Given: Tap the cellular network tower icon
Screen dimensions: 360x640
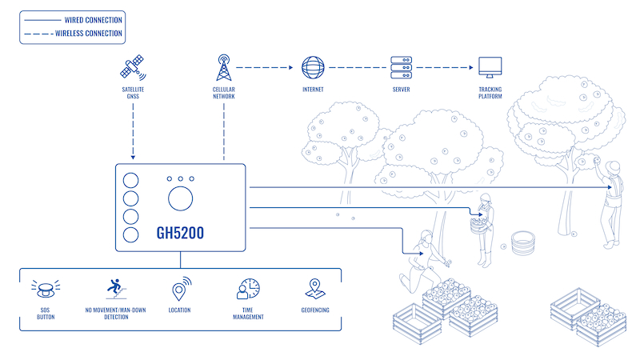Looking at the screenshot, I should tap(223, 67).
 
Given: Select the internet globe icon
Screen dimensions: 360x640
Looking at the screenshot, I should tap(312, 67).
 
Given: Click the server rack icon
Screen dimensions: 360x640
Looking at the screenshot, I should tap(401, 67).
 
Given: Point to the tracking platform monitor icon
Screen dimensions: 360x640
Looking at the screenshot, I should tap(490, 67).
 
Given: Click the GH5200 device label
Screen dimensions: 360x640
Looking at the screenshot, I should tap(180, 234).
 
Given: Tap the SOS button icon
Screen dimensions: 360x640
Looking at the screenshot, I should tap(46, 288).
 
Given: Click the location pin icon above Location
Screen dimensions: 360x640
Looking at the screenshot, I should tap(181, 288).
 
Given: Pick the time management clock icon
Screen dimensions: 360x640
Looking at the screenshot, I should tap(248, 289).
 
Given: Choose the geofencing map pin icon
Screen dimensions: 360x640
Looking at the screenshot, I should tap(316, 288).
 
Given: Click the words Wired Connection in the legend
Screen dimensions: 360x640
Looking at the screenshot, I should tap(93, 18).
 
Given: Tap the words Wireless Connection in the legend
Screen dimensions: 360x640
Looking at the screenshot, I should tap(88, 34).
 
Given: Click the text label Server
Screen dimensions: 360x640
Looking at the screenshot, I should tap(401, 90).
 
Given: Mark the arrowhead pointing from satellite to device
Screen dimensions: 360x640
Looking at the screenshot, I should tap(134, 157).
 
